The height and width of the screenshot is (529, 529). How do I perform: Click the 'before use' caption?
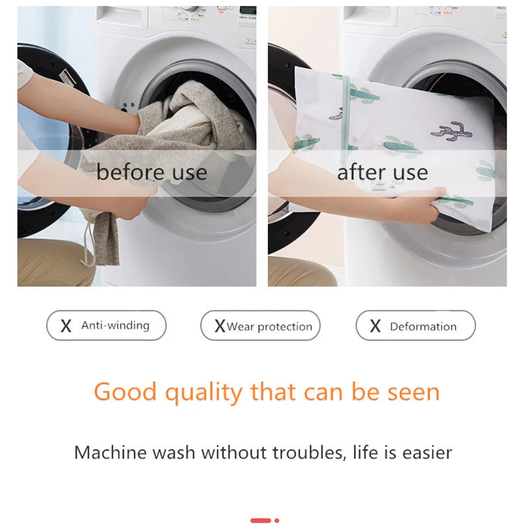[x=151, y=173]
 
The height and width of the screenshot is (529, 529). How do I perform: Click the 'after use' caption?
[x=382, y=173]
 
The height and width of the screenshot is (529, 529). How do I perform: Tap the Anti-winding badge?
[x=106, y=325]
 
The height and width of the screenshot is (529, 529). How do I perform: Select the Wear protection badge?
[x=261, y=326]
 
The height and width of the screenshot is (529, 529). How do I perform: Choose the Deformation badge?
[x=415, y=326]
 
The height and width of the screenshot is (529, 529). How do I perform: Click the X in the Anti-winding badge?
[x=66, y=326]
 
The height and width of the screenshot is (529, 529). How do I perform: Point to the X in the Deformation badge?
[x=375, y=326]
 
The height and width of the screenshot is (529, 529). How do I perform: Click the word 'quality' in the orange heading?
[x=204, y=393]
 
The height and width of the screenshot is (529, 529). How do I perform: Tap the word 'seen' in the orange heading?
[x=411, y=392]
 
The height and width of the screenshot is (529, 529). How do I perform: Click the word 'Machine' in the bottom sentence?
[x=110, y=453]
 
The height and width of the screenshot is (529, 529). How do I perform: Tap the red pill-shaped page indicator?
[x=261, y=520]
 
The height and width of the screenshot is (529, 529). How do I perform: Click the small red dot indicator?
[x=276, y=520]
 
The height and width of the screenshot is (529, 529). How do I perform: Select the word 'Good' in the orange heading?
[x=126, y=392]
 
